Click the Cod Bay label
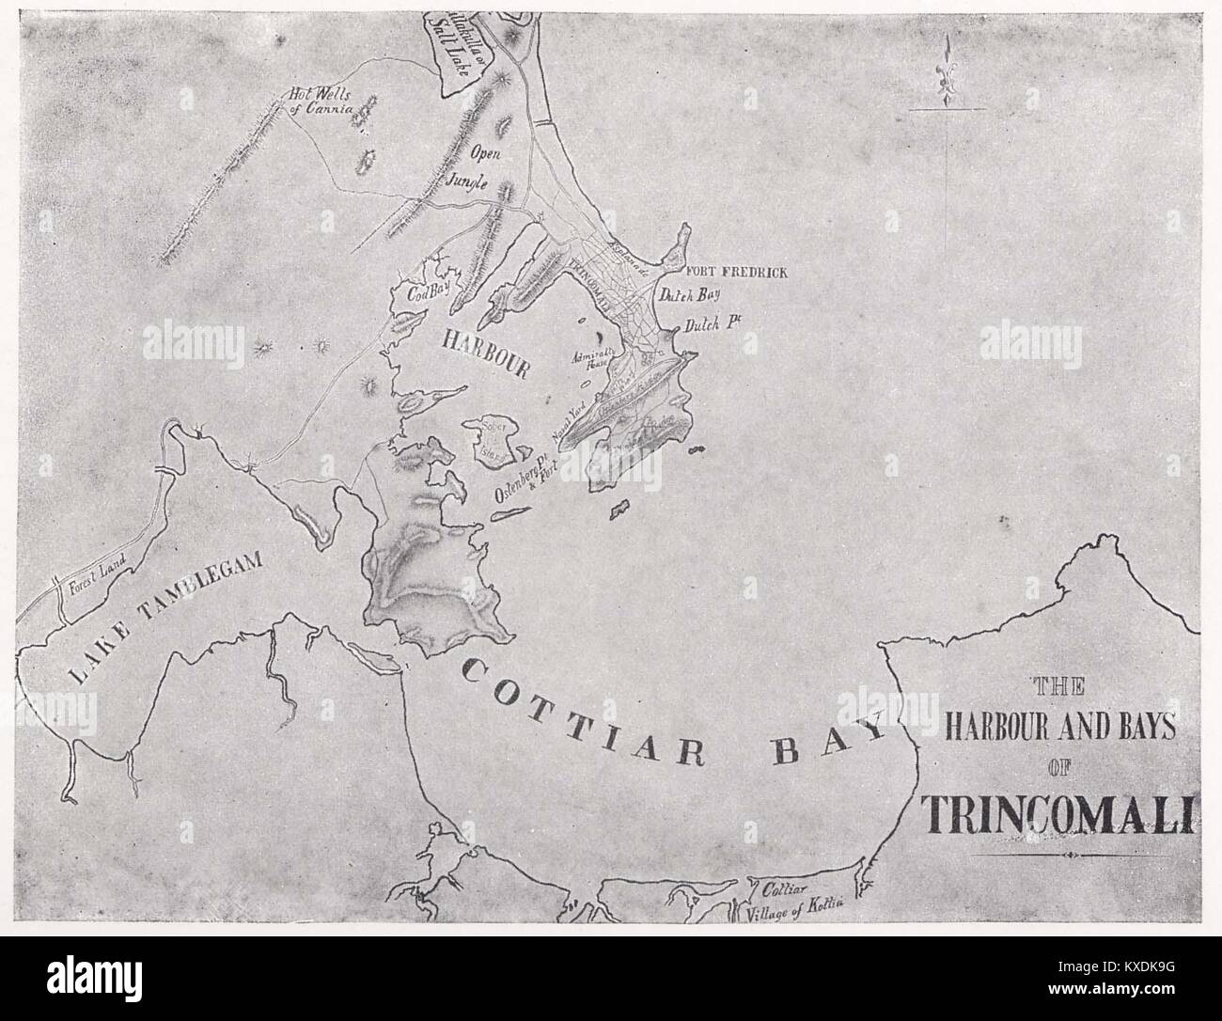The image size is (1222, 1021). tap(425, 293)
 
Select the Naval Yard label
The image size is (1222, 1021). tap(564, 432)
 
